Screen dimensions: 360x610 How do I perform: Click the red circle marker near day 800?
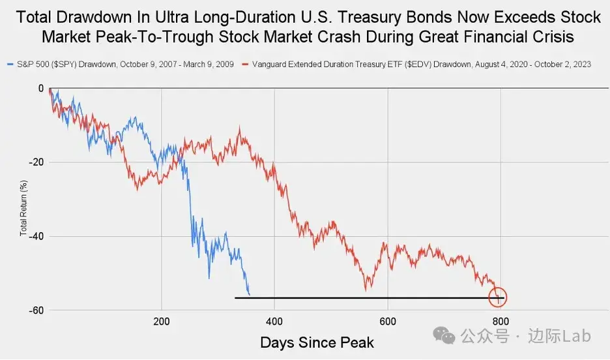click(497, 298)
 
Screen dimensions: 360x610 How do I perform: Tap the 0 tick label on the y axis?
click(40, 88)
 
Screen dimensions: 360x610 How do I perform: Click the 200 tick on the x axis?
click(162, 321)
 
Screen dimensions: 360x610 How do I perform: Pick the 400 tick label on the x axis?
click(274, 321)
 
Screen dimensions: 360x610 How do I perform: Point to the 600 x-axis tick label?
click(388, 321)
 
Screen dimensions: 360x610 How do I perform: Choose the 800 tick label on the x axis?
click(501, 321)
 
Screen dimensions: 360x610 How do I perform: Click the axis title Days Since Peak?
click(317, 342)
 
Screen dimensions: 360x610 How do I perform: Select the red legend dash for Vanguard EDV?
click(246, 65)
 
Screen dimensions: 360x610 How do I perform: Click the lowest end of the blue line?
click(249, 294)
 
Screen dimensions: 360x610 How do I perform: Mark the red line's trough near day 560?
click(366, 289)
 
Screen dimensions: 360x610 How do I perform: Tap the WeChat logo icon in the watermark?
click(448, 336)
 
